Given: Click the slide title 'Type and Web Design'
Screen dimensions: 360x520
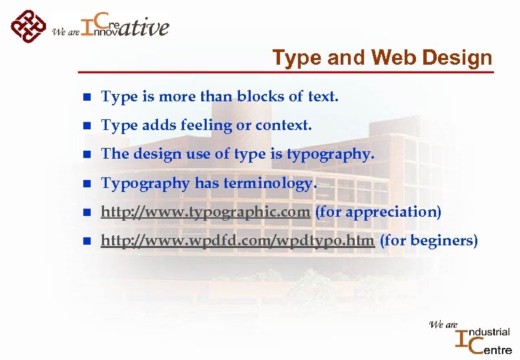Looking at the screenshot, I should click(x=382, y=58).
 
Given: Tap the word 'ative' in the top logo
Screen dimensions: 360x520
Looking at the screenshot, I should click(x=145, y=28).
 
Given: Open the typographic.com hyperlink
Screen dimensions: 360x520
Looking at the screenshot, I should click(x=205, y=212).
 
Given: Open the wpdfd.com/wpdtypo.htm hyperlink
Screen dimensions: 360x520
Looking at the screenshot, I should click(x=237, y=241).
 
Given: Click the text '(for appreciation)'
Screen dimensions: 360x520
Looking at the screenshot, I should click(x=378, y=212).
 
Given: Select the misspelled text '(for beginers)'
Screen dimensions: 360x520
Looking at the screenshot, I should click(x=429, y=241).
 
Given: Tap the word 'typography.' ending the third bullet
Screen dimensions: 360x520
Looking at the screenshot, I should click(x=331, y=154).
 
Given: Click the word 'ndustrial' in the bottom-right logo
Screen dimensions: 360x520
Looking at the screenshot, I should click(x=490, y=331).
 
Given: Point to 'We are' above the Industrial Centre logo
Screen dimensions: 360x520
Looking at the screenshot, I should click(x=443, y=325).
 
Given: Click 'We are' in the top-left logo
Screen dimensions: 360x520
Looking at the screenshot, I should click(x=65, y=31).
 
